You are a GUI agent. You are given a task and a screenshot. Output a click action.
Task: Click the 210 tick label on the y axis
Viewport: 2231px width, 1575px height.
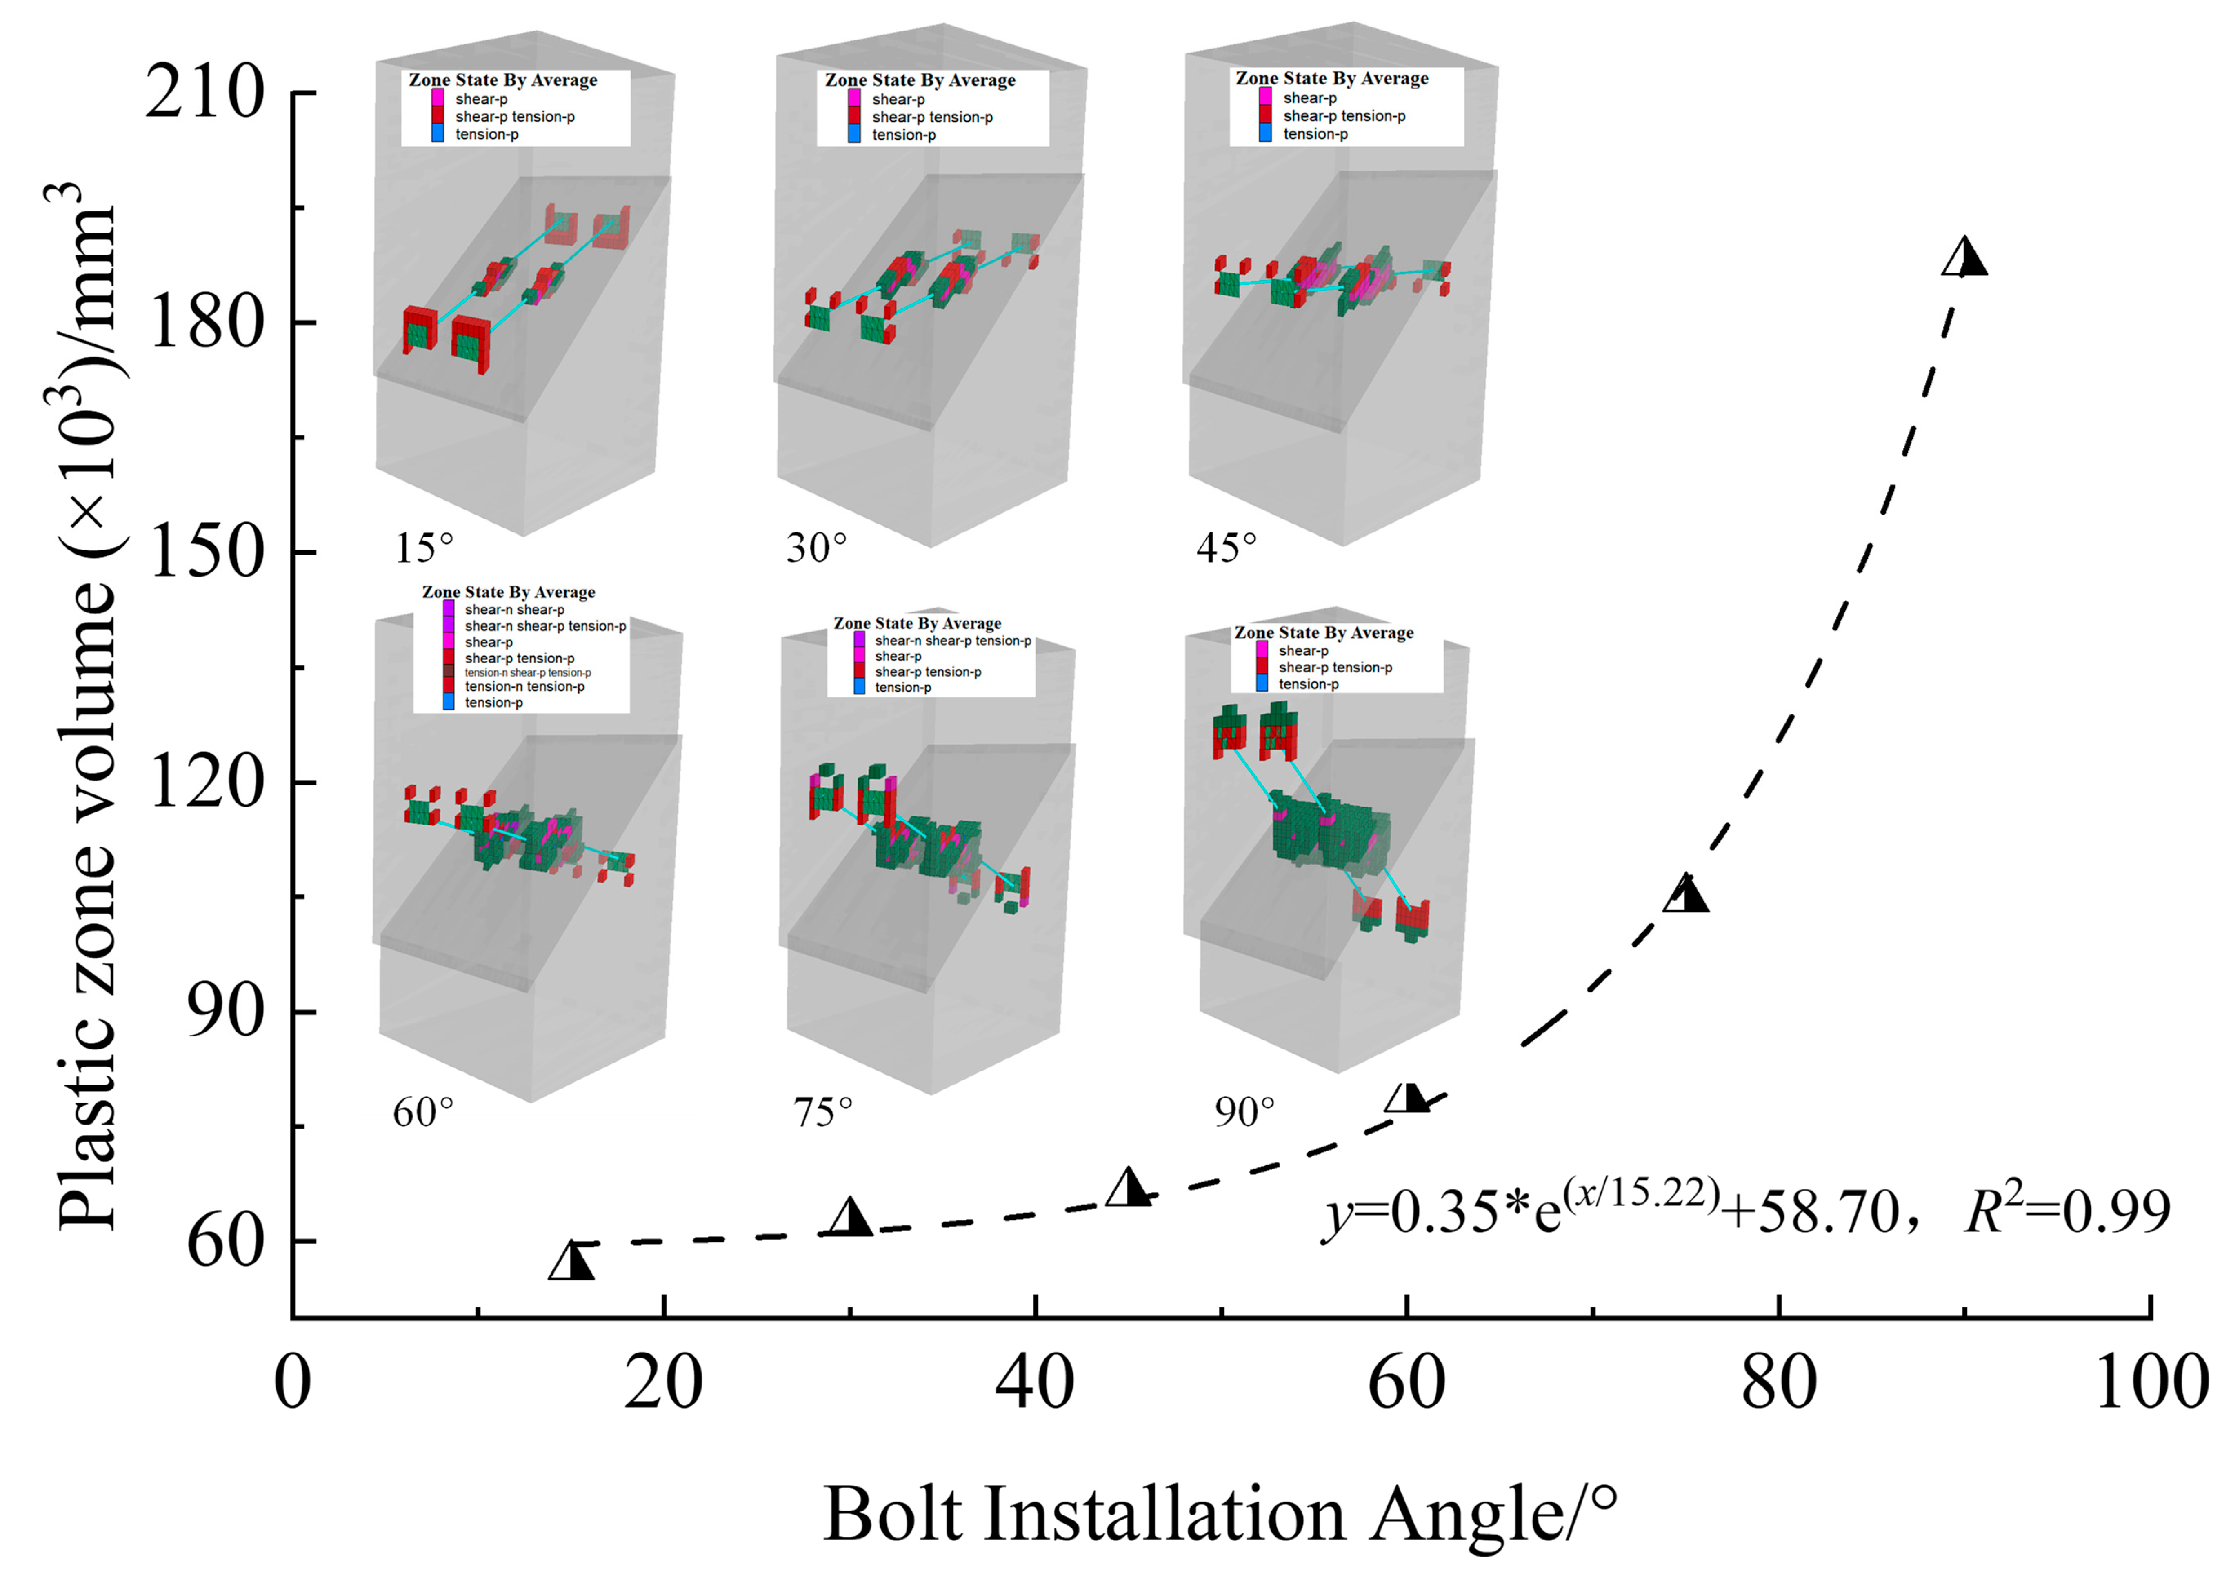(x=204, y=93)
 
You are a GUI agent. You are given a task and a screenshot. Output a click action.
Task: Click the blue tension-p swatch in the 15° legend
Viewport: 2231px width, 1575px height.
(x=437, y=134)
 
